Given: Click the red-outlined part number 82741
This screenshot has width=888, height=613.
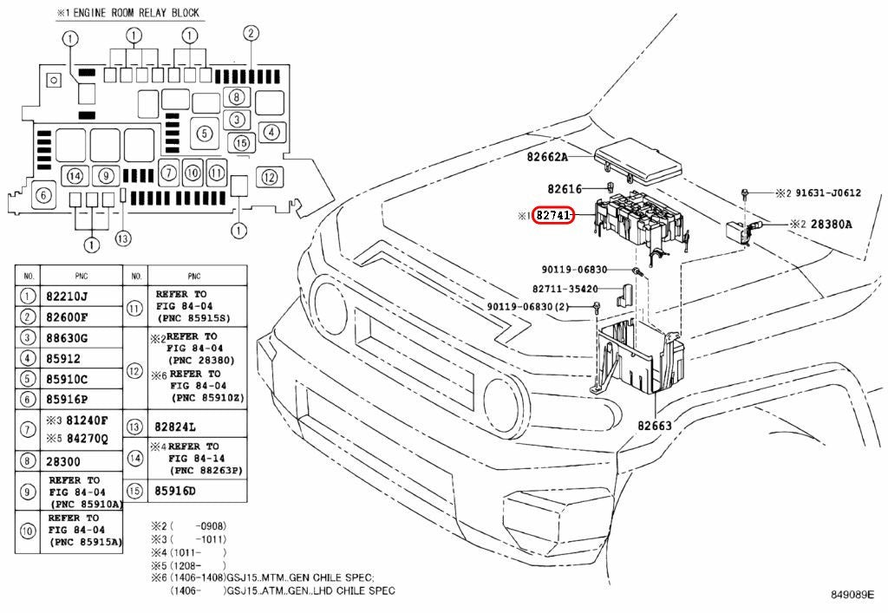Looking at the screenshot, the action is coord(554,215).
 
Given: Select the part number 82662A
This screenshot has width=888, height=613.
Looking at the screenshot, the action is coord(547,157).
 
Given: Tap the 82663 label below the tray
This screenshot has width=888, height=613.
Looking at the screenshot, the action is coord(655,425).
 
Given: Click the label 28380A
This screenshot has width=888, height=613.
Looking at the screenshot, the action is coord(832,225).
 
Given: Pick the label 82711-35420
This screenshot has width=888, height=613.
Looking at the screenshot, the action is coord(565,289).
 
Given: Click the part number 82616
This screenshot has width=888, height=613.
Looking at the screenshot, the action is coord(565,188).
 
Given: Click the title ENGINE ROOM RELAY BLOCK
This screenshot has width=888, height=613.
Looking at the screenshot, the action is coord(136,12).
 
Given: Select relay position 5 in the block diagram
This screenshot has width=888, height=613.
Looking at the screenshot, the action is coord(205,134).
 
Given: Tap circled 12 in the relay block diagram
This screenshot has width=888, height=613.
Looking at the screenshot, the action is coord(270,177).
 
